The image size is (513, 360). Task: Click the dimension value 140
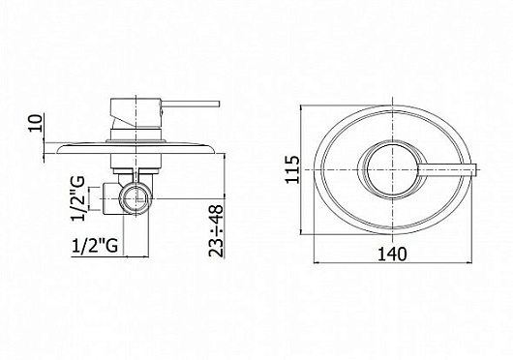(392, 255)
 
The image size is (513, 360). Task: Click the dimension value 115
(293, 169)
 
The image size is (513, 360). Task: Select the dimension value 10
(36, 123)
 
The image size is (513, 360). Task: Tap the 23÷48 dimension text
(216, 230)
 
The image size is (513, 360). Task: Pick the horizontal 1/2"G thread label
(95, 245)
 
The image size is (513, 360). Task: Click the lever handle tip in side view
(219, 104)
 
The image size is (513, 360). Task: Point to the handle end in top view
(475, 169)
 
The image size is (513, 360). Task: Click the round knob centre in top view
(392, 169)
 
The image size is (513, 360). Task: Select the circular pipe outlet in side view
(136, 198)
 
